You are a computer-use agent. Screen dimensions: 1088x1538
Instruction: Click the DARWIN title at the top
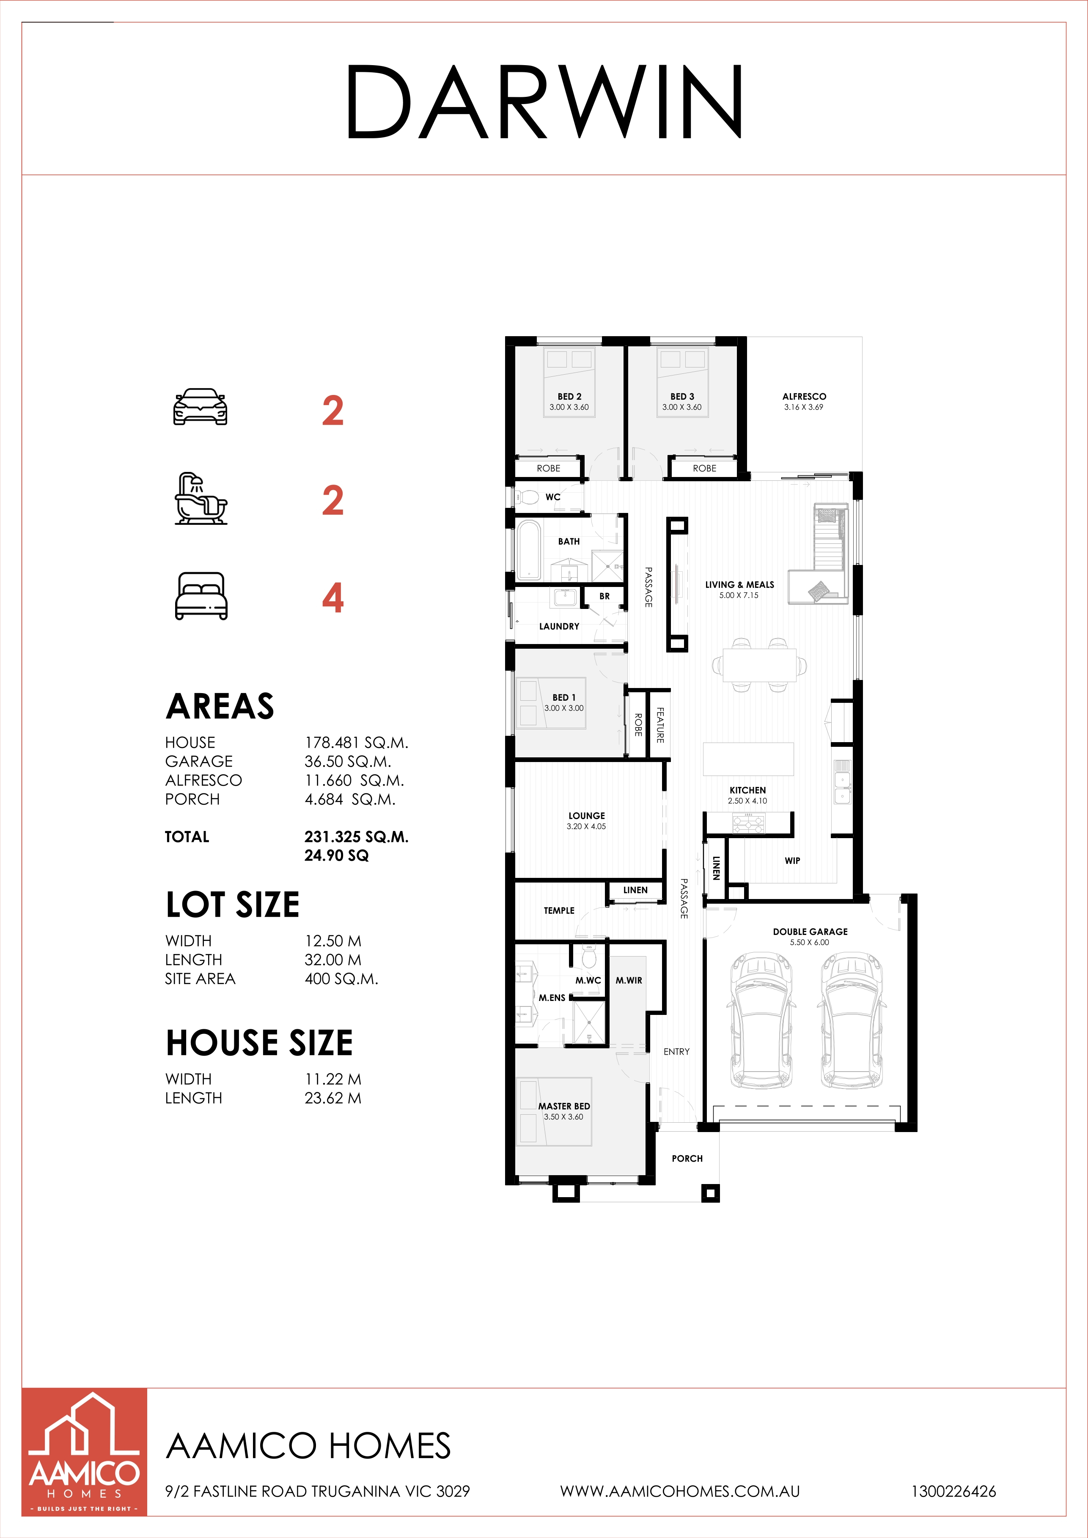pyautogui.click(x=544, y=102)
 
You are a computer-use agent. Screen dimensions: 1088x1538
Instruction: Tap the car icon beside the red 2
pyautogui.click(x=201, y=407)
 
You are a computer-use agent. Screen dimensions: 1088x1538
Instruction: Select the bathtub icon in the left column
pyautogui.click(x=201, y=499)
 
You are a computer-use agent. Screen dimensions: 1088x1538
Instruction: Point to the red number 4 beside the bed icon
pyautogui.click(x=333, y=598)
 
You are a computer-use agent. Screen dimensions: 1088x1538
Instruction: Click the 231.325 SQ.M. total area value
pyautogui.click(x=357, y=836)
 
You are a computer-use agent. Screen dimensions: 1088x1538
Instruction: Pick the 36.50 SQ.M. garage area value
pyautogui.click(x=348, y=762)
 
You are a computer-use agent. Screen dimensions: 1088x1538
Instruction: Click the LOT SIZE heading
pyautogui.click(x=233, y=905)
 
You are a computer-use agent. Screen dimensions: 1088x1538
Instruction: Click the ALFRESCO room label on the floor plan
pyautogui.click(x=804, y=397)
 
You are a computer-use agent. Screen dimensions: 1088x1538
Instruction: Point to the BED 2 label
pyautogui.click(x=569, y=397)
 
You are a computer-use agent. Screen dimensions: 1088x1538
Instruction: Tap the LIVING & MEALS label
pyautogui.click(x=739, y=585)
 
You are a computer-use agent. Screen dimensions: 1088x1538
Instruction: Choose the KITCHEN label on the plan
pyautogui.click(x=747, y=790)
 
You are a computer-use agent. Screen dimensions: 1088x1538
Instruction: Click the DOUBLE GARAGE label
pyautogui.click(x=810, y=932)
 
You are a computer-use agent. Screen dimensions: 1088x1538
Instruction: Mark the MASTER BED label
pyautogui.click(x=564, y=1107)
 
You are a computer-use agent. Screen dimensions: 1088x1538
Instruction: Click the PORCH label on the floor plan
pyautogui.click(x=687, y=1158)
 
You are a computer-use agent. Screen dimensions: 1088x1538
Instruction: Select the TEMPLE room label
pyautogui.click(x=559, y=910)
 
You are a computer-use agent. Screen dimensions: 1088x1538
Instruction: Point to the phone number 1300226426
pyautogui.click(x=953, y=1492)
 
